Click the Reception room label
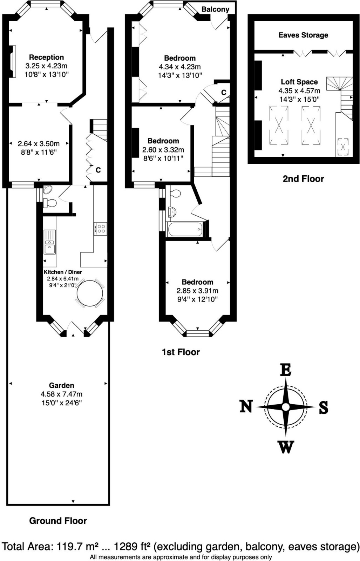click(x=46, y=58)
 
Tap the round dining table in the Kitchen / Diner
click(x=90, y=293)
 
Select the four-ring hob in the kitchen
click(x=101, y=229)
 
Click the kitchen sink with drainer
click(x=50, y=242)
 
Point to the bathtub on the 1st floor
click(x=185, y=229)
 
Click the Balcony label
click(x=215, y=9)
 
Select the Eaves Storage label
click(x=303, y=35)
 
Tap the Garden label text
click(x=62, y=385)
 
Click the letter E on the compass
click(x=286, y=370)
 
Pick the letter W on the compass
click(x=286, y=447)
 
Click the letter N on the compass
click(x=246, y=406)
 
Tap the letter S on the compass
click(x=324, y=407)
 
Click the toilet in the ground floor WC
click(x=49, y=203)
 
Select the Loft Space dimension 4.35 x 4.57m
click(x=299, y=91)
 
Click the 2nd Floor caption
click(x=303, y=179)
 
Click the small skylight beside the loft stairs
click(x=343, y=147)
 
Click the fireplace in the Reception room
click(x=13, y=61)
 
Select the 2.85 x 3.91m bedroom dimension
click(x=197, y=291)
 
